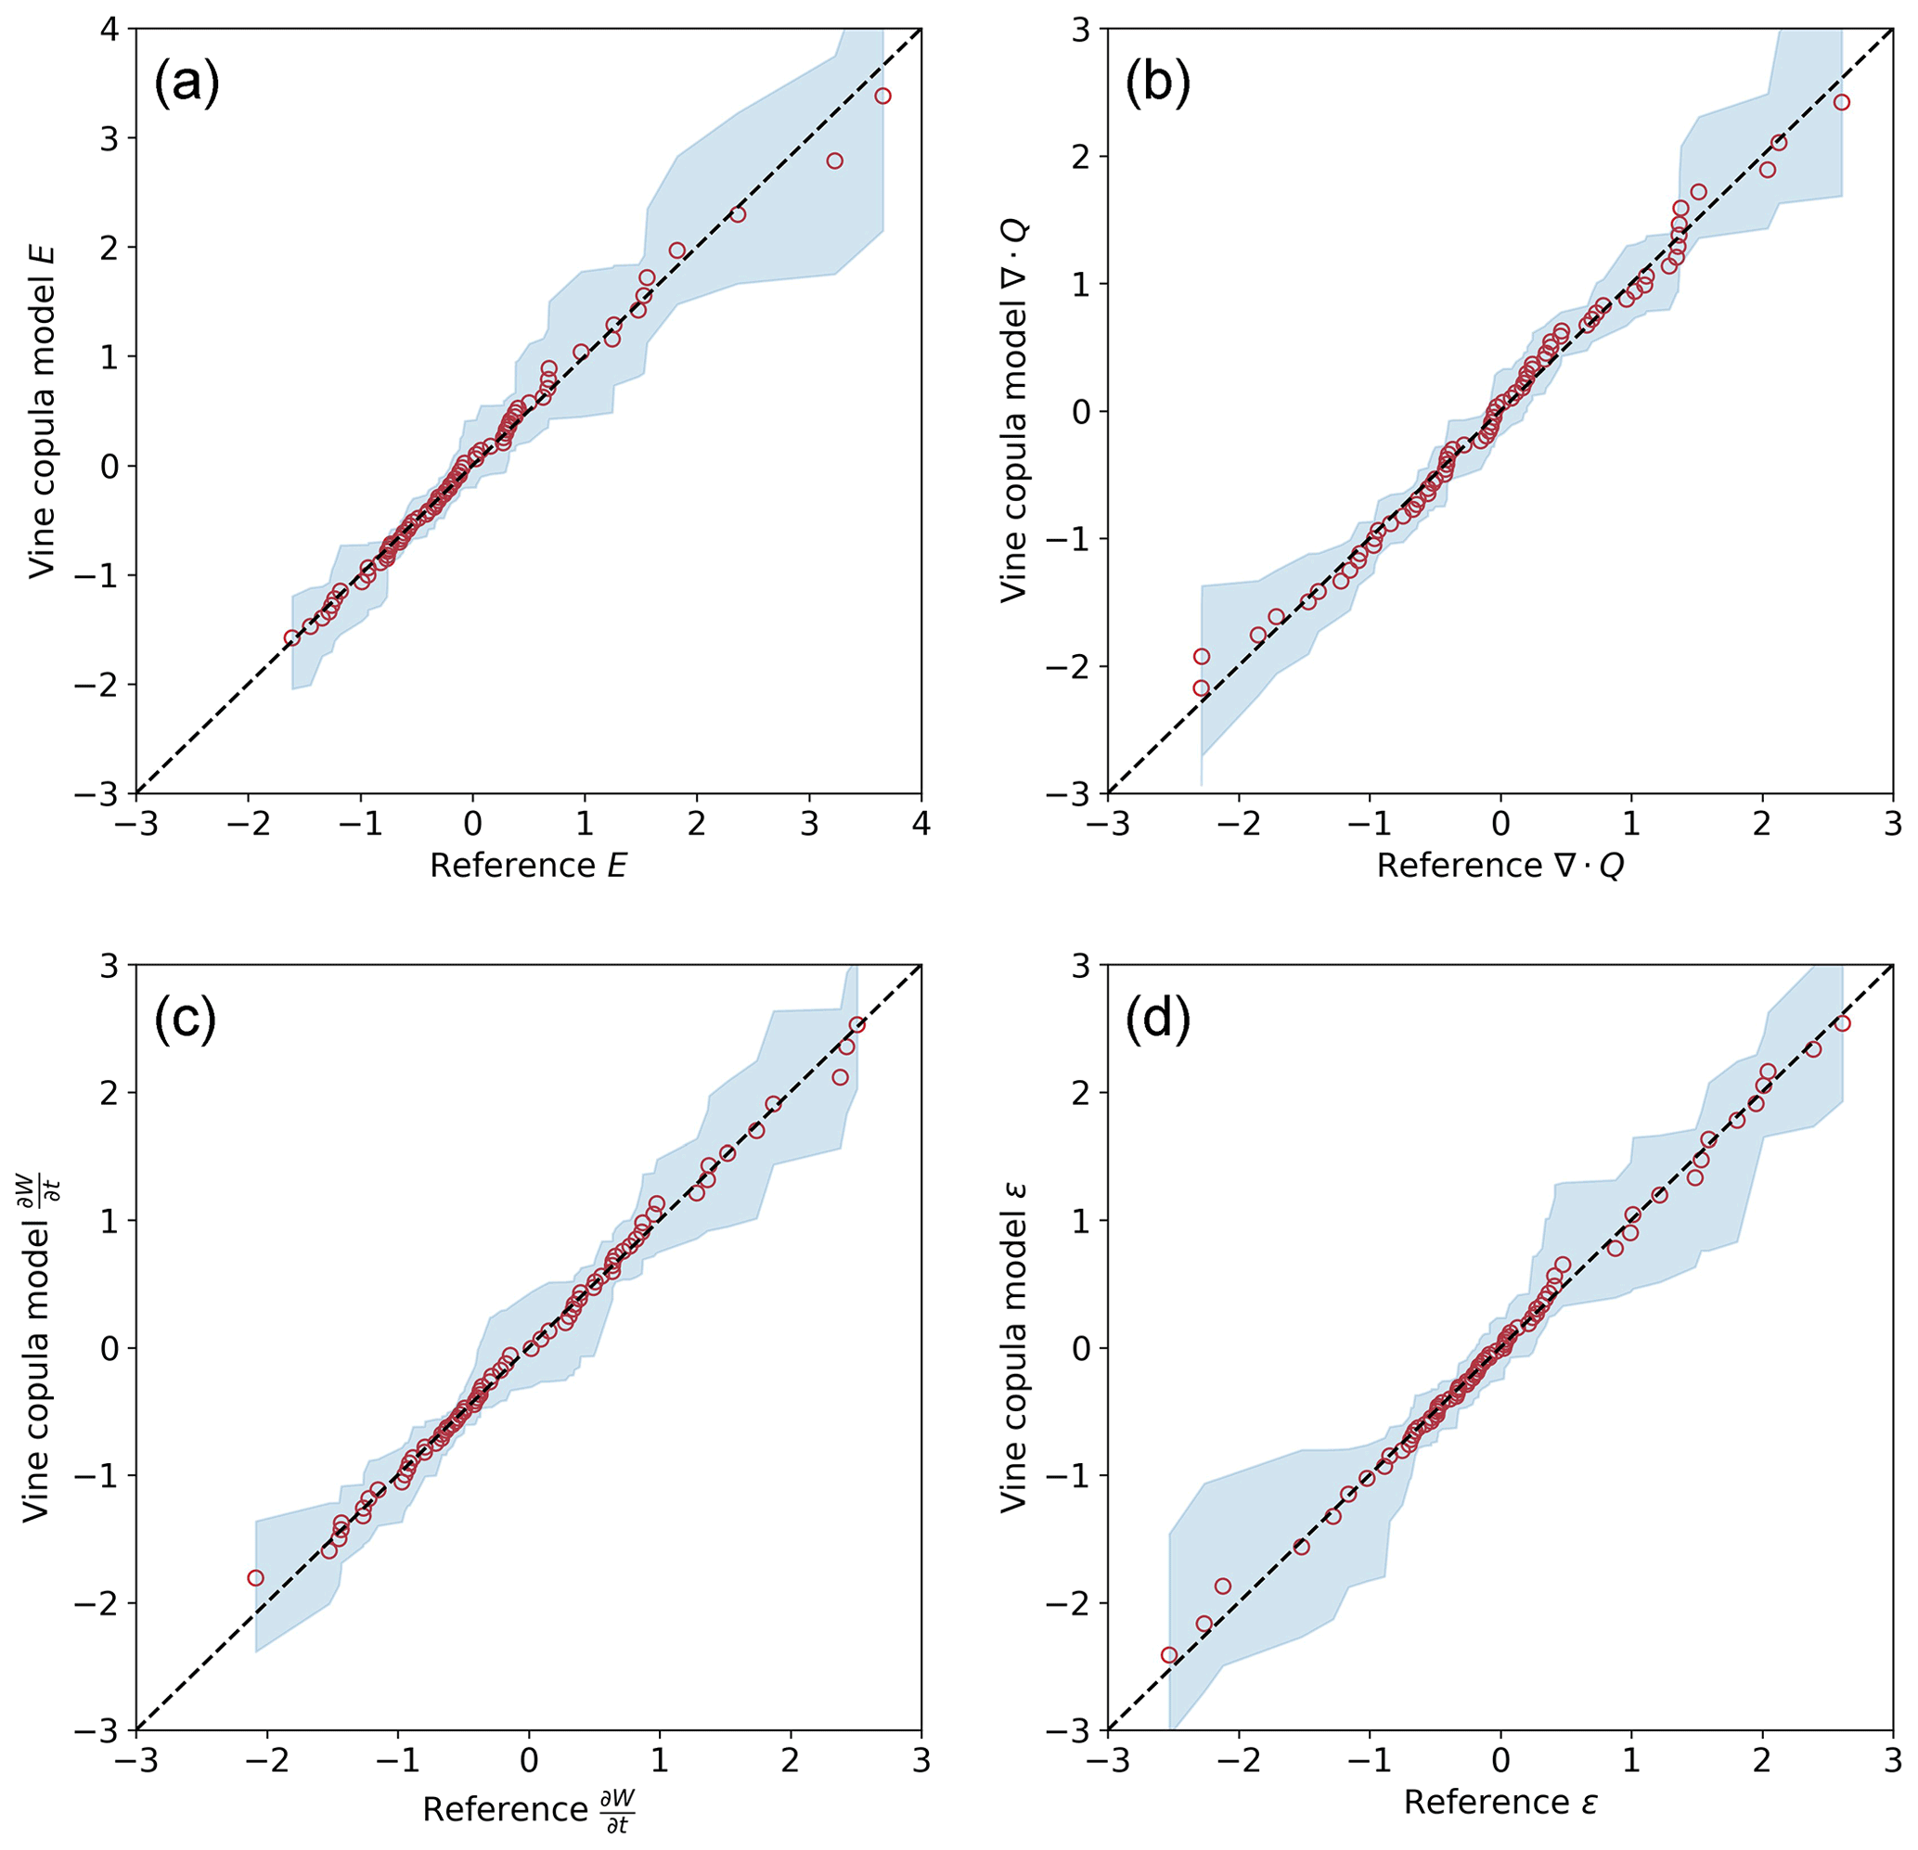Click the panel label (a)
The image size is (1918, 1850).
click(x=186, y=84)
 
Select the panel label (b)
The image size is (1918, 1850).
click(x=1158, y=84)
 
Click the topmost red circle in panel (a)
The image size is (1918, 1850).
click(x=882, y=96)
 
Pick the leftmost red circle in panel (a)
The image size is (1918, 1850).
click(x=291, y=638)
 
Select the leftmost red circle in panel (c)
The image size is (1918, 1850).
click(x=255, y=1578)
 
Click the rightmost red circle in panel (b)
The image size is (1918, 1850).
click(x=1842, y=102)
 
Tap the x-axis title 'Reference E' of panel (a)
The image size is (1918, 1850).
click(x=527, y=866)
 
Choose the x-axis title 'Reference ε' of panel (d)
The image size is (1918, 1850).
click(x=1500, y=1802)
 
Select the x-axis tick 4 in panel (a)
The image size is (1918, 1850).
click(x=920, y=824)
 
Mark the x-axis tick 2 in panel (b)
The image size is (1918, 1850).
click(x=1761, y=824)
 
